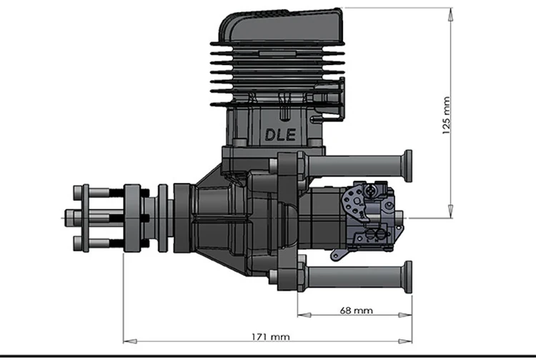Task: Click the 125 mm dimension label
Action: point(447,116)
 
